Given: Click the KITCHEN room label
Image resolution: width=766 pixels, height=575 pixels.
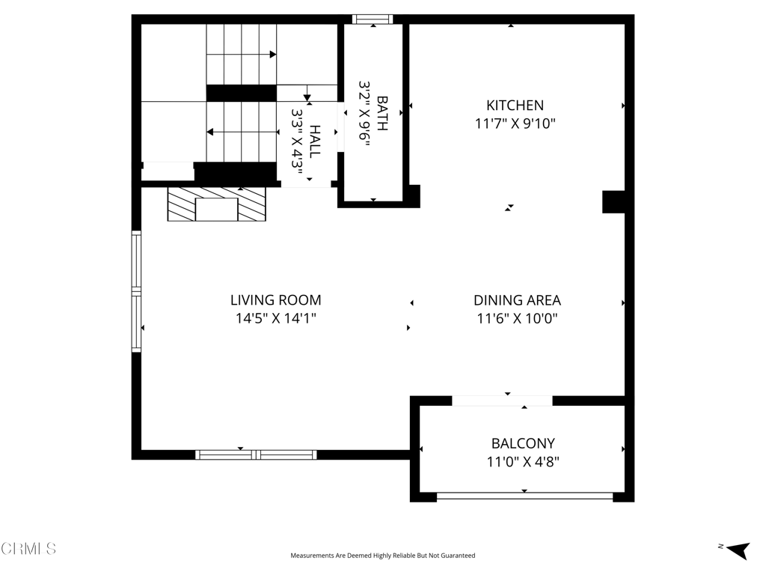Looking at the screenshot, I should pos(515,106).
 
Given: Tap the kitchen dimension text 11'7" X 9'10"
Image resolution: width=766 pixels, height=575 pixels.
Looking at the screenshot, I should pos(515,124).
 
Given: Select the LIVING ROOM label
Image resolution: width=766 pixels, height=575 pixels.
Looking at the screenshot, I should pos(275,300).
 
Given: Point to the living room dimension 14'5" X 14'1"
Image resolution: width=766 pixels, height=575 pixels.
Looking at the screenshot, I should pos(275,318).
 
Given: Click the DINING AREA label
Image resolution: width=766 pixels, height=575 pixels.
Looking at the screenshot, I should pos(517,300).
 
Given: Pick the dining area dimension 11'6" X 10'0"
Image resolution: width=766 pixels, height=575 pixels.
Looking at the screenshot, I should pos(517,318).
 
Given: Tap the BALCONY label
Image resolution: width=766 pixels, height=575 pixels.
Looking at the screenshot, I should pos(523,443).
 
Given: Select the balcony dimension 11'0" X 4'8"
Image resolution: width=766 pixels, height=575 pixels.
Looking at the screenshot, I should pos(523,461).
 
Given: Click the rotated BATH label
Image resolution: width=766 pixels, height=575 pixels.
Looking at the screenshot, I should pos(382,113).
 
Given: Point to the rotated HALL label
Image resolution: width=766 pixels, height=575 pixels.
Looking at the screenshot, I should pos(315,141).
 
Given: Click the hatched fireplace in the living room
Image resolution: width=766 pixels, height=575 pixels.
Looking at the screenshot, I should pos(216,204).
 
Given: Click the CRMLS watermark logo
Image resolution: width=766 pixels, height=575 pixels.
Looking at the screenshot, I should pos(28,549).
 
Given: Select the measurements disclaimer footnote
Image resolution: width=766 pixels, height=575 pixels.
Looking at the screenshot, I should pos(382,556).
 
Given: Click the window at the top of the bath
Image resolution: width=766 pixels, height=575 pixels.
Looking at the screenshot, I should pos(373,19).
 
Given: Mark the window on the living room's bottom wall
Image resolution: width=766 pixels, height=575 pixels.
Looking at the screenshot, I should pos(256,454).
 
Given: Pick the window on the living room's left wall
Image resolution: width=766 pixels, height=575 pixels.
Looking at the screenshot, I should pos(136,291).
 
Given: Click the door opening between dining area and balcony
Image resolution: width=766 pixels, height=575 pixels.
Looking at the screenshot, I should pos(502,401).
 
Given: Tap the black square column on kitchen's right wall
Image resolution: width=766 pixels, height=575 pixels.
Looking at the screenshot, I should pos(613,202).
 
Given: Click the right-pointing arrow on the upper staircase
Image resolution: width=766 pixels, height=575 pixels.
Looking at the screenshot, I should pos(273,55).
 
